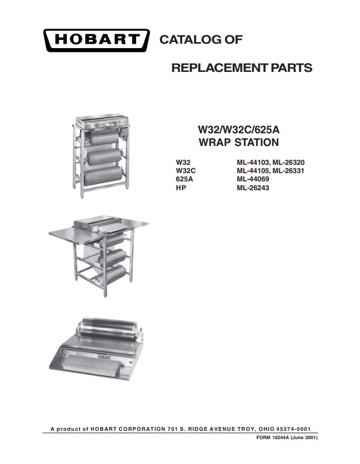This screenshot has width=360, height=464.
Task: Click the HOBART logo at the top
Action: pyautogui.click(x=96, y=40)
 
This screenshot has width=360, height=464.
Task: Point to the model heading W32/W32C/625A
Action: pyautogui.click(x=239, y=129)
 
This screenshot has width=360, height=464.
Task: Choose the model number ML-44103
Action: pyautogui.click(x=253, y=163)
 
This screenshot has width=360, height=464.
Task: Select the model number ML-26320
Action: pyautogui.click(x=289, y=163)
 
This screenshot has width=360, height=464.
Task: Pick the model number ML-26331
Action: pyautogui.click(x=289, y=171)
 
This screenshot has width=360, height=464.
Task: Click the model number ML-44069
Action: pyautogui.click(x=253, y=179)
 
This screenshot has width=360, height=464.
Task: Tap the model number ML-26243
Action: pyautogui.click(x=253, y=187)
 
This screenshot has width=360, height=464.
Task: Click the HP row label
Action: pyautogui.click(x=181, y=187)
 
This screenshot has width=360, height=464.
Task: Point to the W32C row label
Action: pyautogui.click(x=185, y=171)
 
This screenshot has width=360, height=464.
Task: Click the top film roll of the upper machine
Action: pyautogui.click(x=103, y=138)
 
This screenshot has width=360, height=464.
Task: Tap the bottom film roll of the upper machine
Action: pyautogui.click(x=103, y=176)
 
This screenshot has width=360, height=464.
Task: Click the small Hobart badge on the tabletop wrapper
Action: pyautogui.click(x=104, y=357)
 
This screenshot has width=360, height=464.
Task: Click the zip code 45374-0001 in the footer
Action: pyautogui.click(x=293, y=429)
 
